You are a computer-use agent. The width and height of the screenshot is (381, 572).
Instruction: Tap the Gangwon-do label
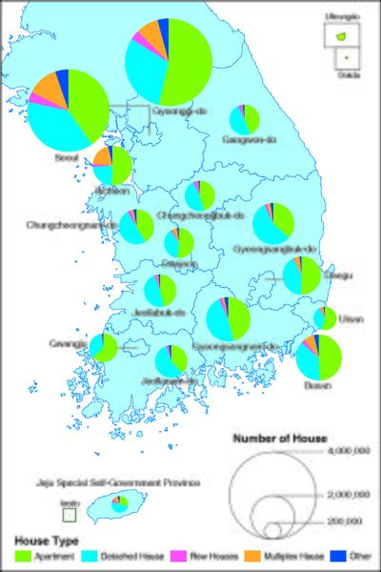click(x=243, y=140)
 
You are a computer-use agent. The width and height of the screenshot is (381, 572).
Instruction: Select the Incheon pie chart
click(x=112, y=165)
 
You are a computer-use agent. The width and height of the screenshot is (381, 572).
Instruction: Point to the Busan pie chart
click(x=318, y=357)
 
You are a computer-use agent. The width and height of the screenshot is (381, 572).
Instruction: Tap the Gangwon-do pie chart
click(x=245, y=118)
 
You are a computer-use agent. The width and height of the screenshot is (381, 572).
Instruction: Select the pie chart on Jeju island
click(x=120, y=504)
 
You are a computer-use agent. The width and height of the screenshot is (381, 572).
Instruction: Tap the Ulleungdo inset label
click(x=338, y=16)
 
